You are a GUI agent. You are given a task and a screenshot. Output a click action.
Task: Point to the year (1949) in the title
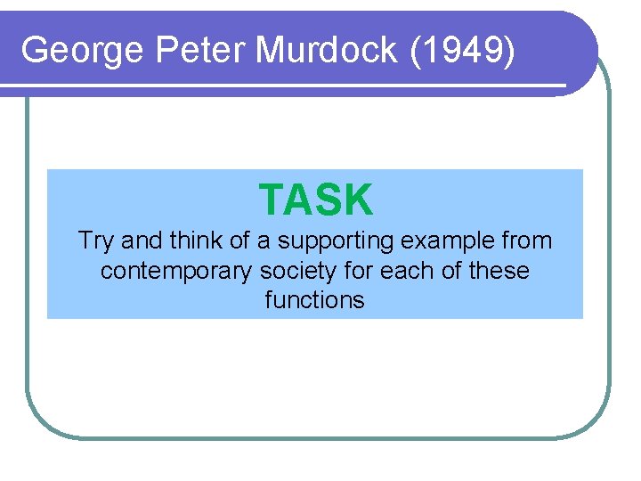click(x=463, y=51)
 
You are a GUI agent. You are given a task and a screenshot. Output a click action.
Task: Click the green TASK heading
click(x=316, y=200)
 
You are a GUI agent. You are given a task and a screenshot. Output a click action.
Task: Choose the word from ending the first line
click(x=528, y=240)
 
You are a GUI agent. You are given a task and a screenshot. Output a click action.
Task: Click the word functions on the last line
click(x=314, y=300)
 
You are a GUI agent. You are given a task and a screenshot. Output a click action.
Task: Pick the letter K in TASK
click(x=358, y=200)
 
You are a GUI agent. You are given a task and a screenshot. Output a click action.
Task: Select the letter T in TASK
click(x=271, y=200)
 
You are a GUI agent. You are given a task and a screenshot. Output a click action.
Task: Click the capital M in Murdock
click(x=271, y=51)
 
